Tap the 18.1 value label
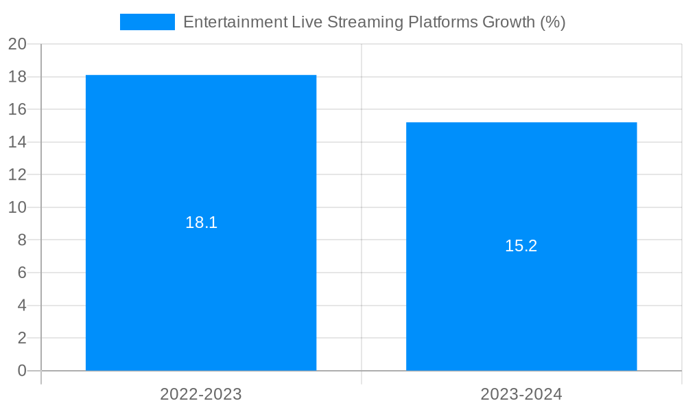pyautogui.click(x=201, y=222)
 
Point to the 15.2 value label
pyautogui.click(x=521, y=246)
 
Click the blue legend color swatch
pyautogui.click(x=147, y=22)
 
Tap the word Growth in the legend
pyautogui.click(x=508, y=22)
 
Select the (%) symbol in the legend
pyautogui.click(x=552, y=22)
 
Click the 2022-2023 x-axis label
pyautogui.click(x=201, y=394)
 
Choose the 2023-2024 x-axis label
pyautogui.click(x=521, y=394)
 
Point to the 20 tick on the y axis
pyautogui.click(x=17, y=44)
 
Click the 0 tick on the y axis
pyautogui.click(x=22, y=371)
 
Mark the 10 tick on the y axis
pyautogui.click(x=17, y=207)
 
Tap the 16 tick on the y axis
pyautogui.click(x=17, y=109)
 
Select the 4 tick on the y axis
pyautogui.click(x=22, y=306)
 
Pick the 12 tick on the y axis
pyautogui.click(x=17, y=174)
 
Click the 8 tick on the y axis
pyautogui.click(x=22, y=240)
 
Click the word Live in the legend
pyautogui.click(x=305, y=22)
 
